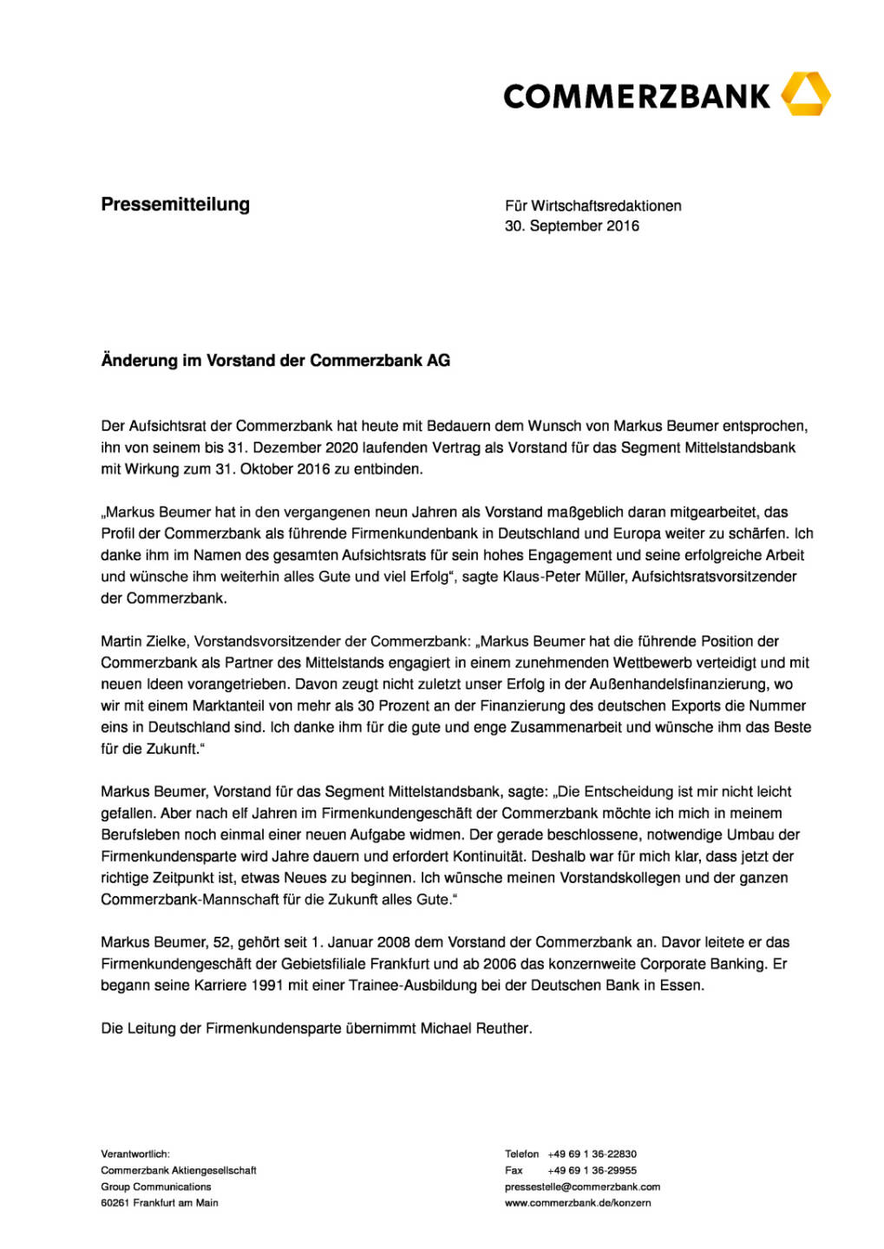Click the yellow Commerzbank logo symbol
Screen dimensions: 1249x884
[806, 95]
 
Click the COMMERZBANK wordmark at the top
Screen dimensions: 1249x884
[636, 96]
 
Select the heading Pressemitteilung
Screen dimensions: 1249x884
[175, 205]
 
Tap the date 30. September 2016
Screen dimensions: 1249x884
[572, 226]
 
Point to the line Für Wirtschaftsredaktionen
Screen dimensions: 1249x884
[593, 206]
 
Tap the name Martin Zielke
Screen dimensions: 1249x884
[143, 642]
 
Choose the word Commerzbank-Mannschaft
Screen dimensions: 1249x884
[187, 899]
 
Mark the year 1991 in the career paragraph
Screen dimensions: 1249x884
[266, 985]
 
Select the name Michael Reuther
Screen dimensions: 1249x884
[475, 1029]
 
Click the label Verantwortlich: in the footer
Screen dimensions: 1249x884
[135, 1154]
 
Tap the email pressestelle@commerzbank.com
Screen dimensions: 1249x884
[582, 1187]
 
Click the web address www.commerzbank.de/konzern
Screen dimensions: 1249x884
[578, 1203]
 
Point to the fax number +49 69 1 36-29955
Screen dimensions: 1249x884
[592, 1170]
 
